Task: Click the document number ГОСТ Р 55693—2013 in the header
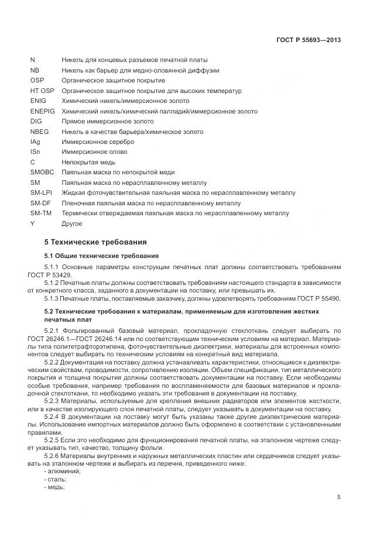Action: coord(309,40)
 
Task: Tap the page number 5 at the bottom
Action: coord(339,497)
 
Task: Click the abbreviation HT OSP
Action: coord(42,91)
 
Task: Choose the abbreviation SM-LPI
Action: coord(41,192)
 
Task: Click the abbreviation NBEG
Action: coord(39,132)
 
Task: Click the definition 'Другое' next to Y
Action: coord(72,223)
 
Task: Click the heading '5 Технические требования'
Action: coord(95,242)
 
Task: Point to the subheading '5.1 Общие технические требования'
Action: coord(102,256)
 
